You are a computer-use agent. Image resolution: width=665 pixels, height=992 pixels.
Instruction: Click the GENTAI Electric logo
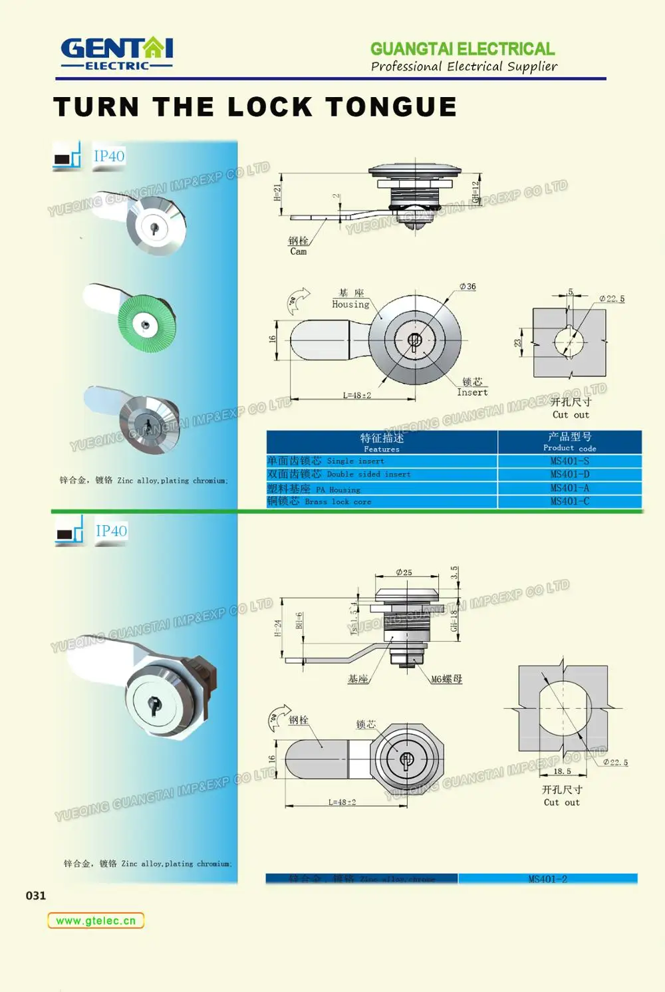point(117,53)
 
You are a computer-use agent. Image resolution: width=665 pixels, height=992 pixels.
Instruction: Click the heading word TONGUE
point(390,107)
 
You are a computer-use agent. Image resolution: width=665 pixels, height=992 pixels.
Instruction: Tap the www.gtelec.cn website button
point(96,921)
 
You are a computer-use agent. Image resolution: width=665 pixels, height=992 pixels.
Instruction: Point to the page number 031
point(36,896)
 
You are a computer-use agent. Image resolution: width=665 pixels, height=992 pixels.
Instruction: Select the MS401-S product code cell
point(569,461)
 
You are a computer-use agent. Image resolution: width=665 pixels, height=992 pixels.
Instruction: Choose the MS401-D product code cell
point(569,474)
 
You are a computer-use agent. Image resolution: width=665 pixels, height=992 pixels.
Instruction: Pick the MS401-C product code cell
point(569,501)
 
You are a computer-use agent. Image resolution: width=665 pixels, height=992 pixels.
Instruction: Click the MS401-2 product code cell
point(547,879)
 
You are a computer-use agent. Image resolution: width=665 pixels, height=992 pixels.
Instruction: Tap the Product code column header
point(569,441)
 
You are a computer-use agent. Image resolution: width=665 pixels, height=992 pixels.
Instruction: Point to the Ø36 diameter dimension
point(467,287)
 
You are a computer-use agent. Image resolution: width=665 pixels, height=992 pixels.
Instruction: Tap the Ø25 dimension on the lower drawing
point(404,572)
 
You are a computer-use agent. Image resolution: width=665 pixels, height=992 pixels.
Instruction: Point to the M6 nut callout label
point(446,679)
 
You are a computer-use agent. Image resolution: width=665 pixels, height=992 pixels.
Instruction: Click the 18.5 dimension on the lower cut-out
point(563,771)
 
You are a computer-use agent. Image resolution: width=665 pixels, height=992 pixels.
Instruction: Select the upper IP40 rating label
point(109,156)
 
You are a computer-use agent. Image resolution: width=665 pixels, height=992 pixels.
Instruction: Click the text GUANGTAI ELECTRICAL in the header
point(462,49)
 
